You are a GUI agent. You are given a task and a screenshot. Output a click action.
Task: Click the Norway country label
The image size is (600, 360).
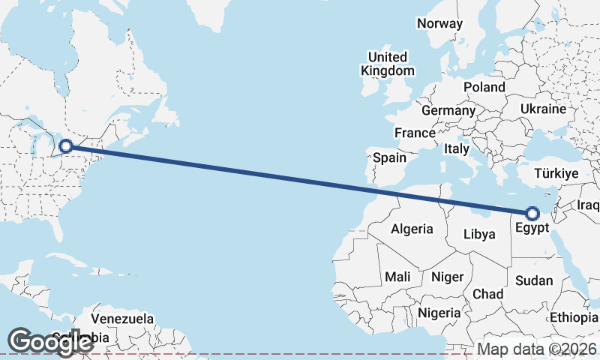440,23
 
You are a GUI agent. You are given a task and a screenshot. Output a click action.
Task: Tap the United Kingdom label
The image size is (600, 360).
387,64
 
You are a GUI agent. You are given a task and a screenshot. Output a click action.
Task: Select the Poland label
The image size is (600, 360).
484,87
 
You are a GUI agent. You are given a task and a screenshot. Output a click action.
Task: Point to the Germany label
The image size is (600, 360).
448,110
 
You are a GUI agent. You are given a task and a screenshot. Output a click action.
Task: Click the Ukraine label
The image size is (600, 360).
543,109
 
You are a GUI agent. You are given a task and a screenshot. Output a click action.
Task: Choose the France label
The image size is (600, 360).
415,133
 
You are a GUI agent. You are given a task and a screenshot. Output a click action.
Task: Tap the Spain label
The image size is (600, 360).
389,157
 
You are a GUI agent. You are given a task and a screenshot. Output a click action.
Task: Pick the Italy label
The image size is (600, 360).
457,148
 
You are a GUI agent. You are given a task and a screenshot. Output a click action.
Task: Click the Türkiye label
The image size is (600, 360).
556,173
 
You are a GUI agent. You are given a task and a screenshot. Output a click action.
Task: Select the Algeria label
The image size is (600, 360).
412,229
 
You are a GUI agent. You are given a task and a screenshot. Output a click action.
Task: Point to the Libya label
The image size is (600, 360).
479,234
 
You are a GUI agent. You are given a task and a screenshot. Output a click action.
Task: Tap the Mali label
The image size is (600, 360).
397,277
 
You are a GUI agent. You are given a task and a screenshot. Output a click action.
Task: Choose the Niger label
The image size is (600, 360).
447,277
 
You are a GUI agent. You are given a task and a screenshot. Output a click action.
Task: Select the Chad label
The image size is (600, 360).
487,294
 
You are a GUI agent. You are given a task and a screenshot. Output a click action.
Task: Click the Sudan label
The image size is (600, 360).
534,280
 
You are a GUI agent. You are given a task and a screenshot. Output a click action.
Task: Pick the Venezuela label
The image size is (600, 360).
122,319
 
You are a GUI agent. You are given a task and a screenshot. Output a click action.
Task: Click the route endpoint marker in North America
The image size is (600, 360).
66,146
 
